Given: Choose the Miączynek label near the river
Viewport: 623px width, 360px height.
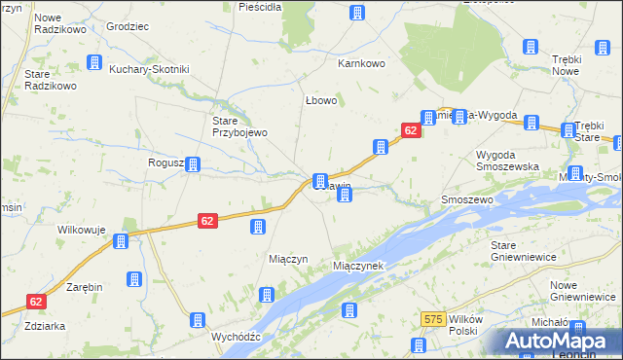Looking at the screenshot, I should click(x=358, y=266).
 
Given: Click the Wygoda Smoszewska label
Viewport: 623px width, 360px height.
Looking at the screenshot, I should click(x=506, y=161).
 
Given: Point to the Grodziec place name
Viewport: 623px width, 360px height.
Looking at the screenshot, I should click(x=127, y=26).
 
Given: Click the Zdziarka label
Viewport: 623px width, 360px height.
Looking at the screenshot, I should click(x=46, y=326).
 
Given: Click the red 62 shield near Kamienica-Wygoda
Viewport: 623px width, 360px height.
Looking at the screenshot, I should click(x=410, y=129).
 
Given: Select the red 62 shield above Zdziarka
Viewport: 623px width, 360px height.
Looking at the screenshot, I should click(x=36, y=303).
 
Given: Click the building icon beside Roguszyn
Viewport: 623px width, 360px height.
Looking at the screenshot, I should click(x=194, y=164).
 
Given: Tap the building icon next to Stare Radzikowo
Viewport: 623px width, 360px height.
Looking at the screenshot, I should click(x=94, y=62).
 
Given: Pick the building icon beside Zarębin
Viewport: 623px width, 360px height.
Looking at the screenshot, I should click(x=133, y=280).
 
